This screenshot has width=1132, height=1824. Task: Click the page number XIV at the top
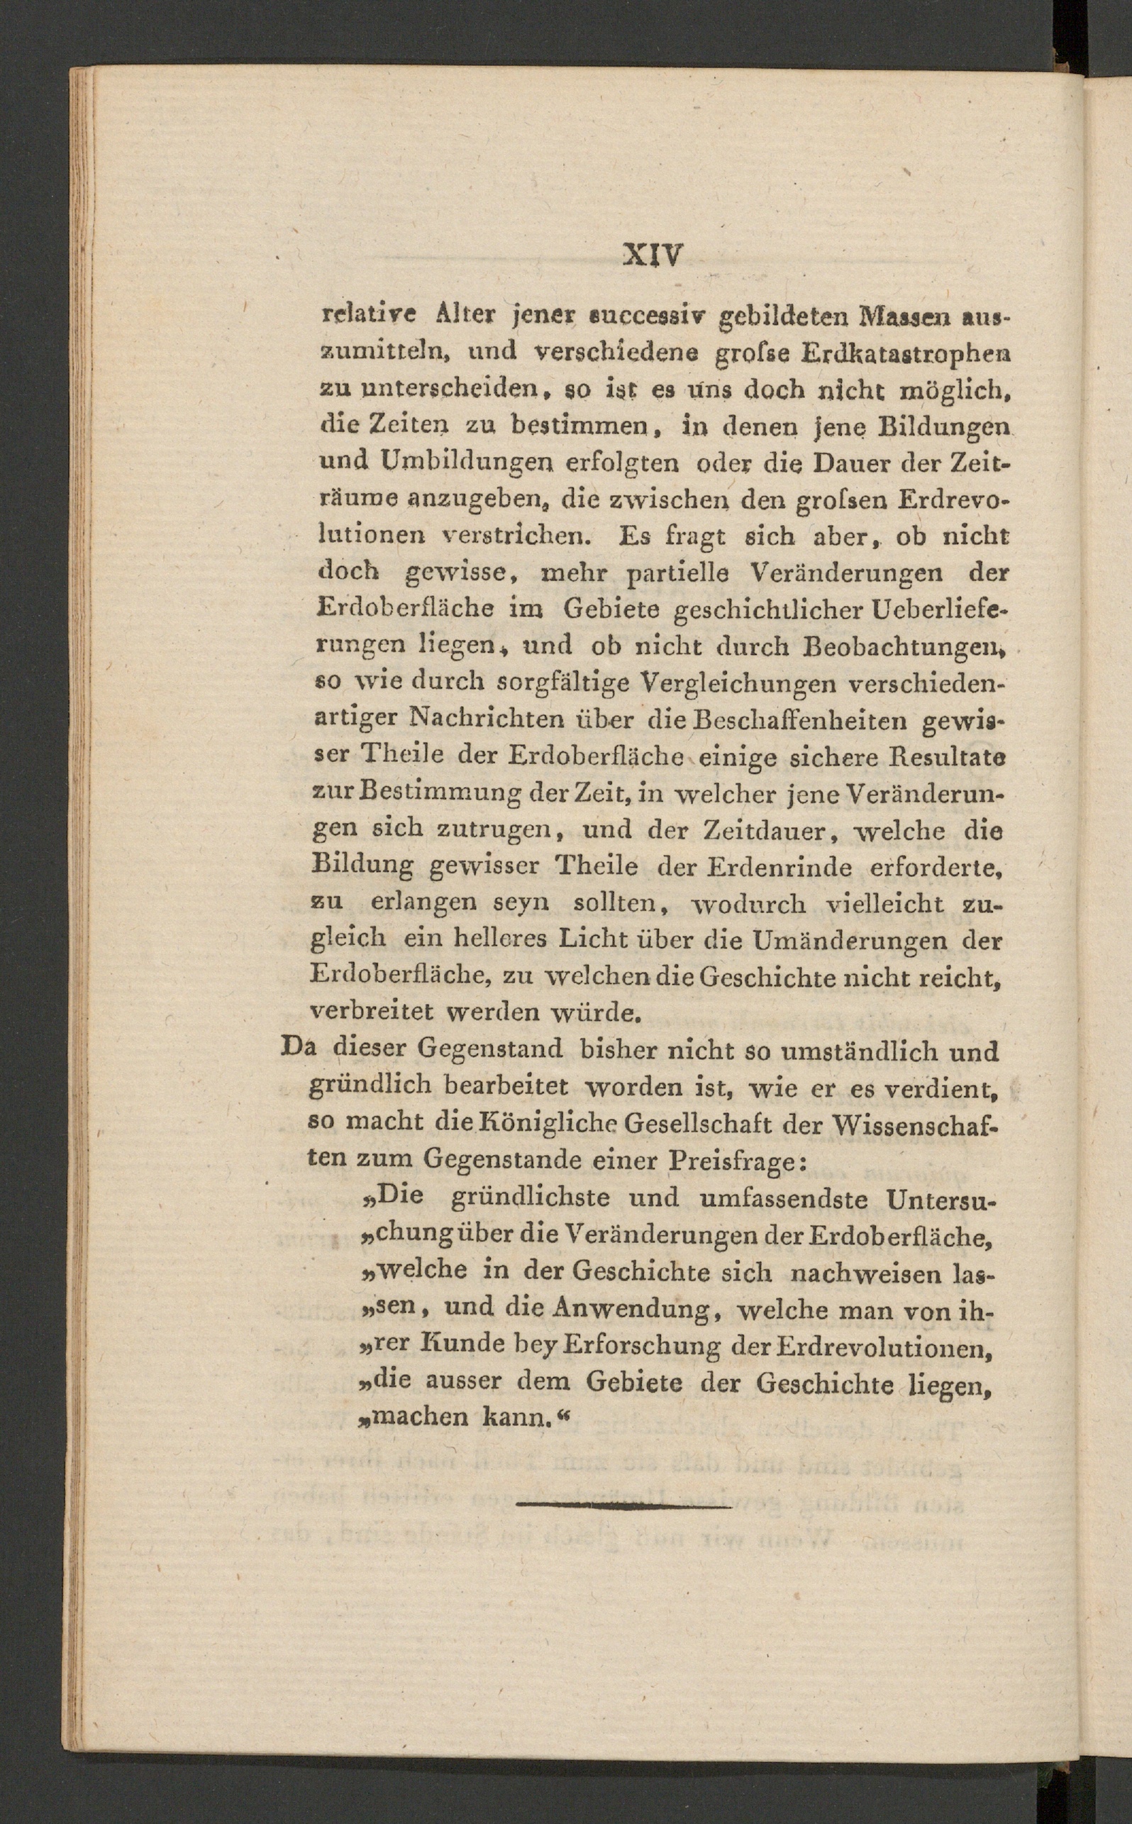653,255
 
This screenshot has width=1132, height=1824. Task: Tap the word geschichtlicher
769,610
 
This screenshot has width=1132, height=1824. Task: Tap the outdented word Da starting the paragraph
298,1046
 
